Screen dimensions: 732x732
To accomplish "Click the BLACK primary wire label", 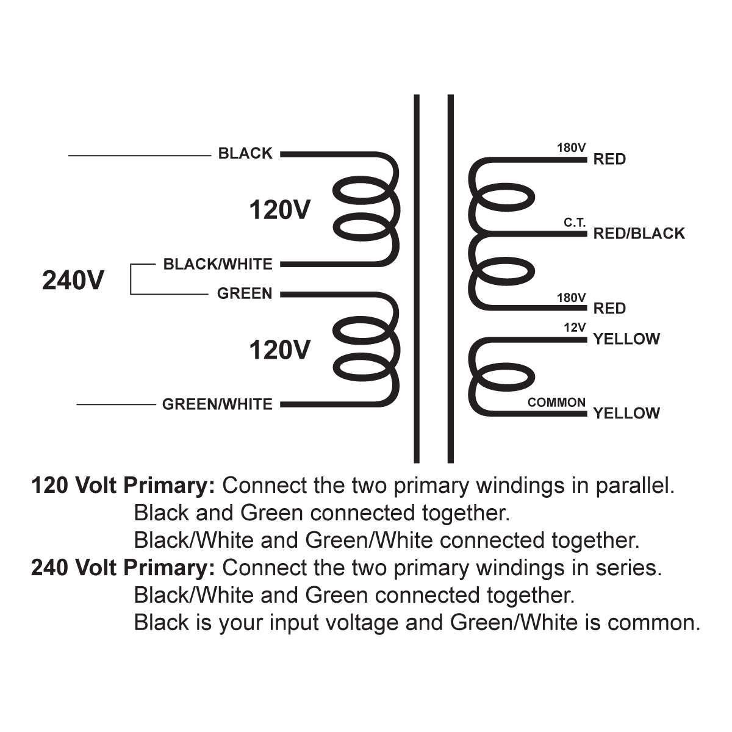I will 245,154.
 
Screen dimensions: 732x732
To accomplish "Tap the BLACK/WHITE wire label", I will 218,264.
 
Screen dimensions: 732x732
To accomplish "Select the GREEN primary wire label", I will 245,293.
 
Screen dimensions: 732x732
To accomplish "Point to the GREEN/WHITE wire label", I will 217,404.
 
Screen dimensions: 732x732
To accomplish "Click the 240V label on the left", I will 73,281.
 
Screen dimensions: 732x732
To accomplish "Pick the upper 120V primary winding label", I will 279,210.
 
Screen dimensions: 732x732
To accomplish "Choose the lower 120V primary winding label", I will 279,350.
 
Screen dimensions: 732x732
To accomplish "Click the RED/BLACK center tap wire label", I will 639,234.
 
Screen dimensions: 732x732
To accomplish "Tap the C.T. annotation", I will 575,223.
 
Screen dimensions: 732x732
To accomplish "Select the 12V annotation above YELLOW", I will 575,328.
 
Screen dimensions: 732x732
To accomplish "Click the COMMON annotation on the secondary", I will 556,403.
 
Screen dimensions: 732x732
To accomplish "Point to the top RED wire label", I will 609,159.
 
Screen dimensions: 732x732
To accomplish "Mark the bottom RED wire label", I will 609,309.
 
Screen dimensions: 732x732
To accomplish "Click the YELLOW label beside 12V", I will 626,339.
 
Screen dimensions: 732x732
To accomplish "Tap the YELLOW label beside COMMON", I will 626,414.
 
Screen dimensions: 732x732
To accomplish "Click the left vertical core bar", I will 417,278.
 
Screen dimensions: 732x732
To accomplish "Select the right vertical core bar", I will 451,278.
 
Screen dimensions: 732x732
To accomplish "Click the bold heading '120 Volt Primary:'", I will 123,486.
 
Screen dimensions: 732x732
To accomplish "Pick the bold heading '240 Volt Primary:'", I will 123,568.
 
